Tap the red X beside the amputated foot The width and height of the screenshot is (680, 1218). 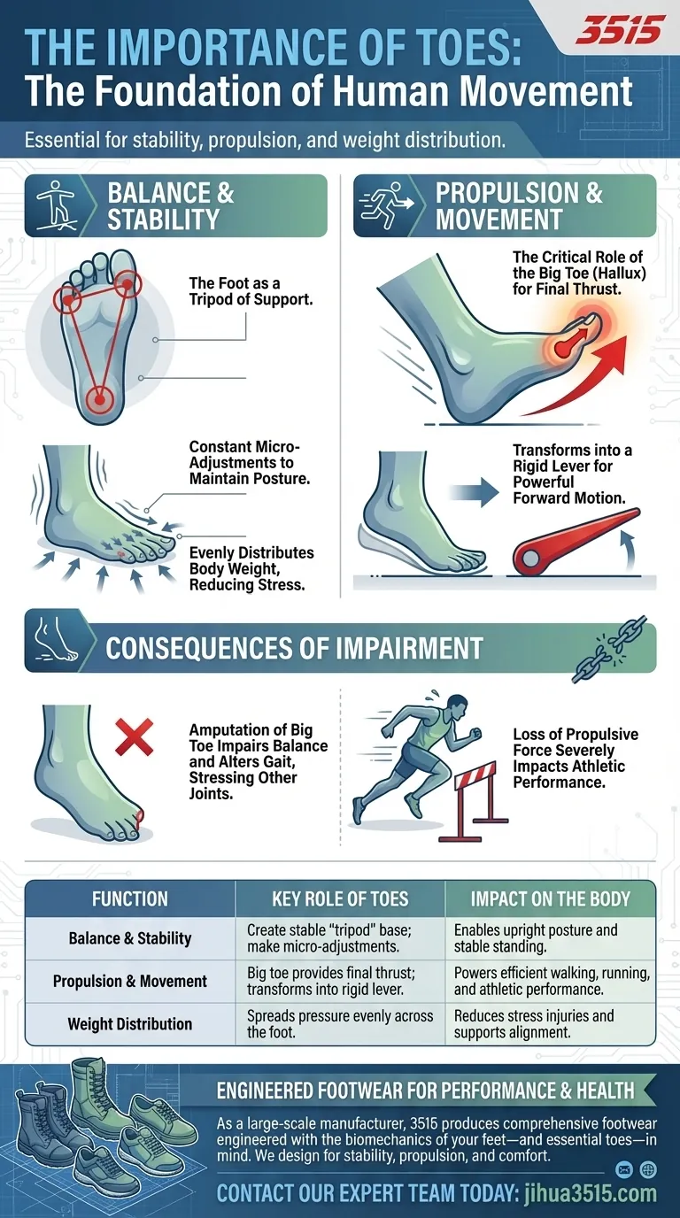coord(135,736)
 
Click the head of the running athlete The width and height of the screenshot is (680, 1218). coord(456,707)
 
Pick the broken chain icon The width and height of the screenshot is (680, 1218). coord(609,648)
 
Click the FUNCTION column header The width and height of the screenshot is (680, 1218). coord(130,898)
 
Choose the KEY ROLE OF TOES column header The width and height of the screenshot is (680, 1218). coord(340,898)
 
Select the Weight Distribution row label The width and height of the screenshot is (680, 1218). coord(130,1024)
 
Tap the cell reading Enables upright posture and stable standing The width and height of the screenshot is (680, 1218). coord(536,938)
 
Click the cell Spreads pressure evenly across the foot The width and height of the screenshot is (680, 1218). coord(340,1023)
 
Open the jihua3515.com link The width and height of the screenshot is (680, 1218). coord(591,1193)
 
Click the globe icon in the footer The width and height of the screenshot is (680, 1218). coord(648,1169)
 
